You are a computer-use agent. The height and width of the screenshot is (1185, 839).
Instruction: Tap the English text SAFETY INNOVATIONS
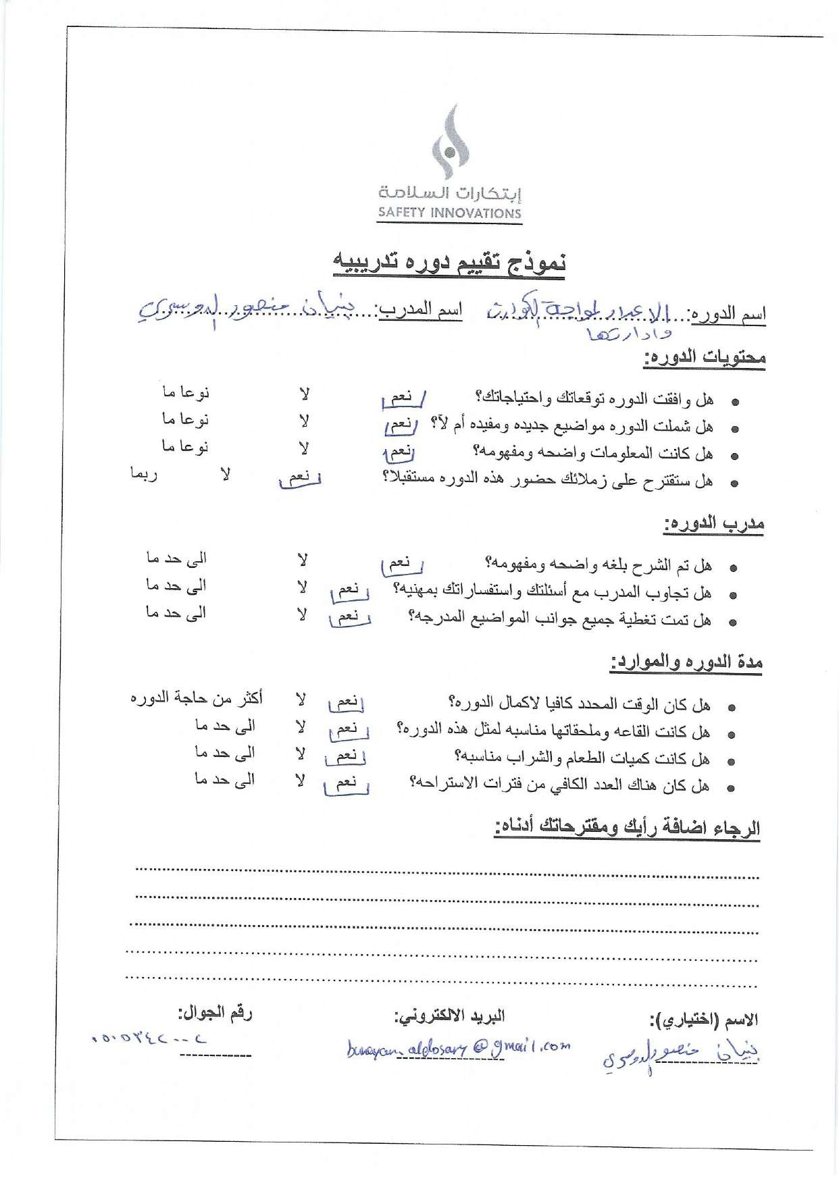click(x=449, y=213)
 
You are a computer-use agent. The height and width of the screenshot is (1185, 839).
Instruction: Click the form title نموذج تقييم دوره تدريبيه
click(x=449, y=263)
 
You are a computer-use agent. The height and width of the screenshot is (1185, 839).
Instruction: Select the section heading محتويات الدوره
click(x=704, y=356)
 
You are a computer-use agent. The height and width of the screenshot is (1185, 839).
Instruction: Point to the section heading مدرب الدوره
click(x=713, y=523)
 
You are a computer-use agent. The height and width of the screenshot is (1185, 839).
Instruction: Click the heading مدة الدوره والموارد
click(x=686, y=662)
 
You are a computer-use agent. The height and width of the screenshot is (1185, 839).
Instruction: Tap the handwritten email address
click(x=458, y=1048)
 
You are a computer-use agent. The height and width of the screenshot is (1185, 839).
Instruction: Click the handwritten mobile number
click(x=148, y=1039)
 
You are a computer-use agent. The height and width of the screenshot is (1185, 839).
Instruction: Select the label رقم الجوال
click(x=215, y=1013)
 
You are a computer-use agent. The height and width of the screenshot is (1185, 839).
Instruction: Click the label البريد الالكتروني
click(x=449, y=1016)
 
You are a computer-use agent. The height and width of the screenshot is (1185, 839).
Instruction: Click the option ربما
click(x=143, y=474)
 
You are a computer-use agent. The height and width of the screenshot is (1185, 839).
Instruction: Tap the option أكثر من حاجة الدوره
click(x=196, y=697)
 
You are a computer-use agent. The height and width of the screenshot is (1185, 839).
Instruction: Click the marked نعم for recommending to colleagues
click(x=299, y=478)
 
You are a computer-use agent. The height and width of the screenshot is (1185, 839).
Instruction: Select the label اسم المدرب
click(x=420, y=310)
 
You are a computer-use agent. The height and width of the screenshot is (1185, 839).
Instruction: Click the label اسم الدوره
click(x=727, y=314)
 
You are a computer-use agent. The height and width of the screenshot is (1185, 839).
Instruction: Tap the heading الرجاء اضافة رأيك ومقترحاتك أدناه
click(x=627, y=827)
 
